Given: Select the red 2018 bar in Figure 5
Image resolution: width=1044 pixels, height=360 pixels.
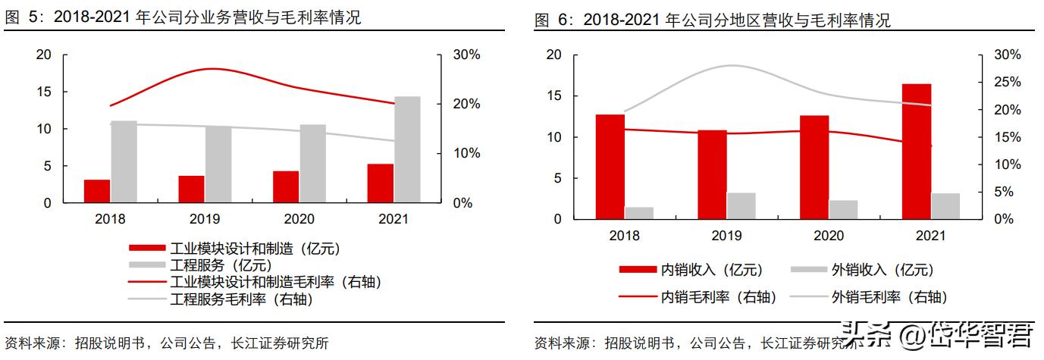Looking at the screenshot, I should (96, 191).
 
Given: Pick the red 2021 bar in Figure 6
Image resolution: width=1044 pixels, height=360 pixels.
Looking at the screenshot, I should (916, 152).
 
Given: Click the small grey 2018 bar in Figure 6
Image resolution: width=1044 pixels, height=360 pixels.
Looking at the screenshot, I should (638, 213).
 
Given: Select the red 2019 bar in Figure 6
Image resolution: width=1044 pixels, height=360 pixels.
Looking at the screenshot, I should (712, 174).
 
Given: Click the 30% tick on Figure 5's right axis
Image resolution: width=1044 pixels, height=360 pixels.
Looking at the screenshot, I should (466, 55).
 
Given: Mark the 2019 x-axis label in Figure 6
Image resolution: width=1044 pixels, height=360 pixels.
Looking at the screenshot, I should (726, 236).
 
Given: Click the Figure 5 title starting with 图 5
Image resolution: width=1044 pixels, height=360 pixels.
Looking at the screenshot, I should (182, 18).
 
